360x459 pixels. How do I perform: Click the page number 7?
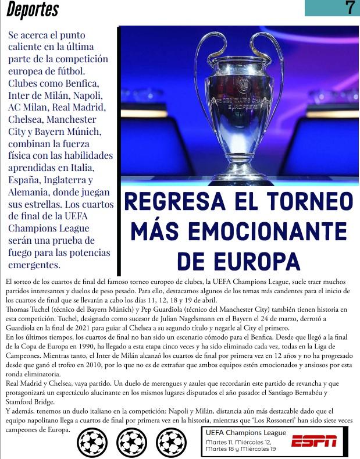pyautogui.click(x=350, y=8)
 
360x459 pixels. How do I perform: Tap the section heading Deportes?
pyautogui.click(x=33, y=10)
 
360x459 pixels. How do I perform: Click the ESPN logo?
pyautogui.click(x=314, y=441)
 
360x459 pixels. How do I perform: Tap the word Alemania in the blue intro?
pyautogui.click(x=29, y=191)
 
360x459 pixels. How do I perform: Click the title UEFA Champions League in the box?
pyautogui.click(x=246, y=433)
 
